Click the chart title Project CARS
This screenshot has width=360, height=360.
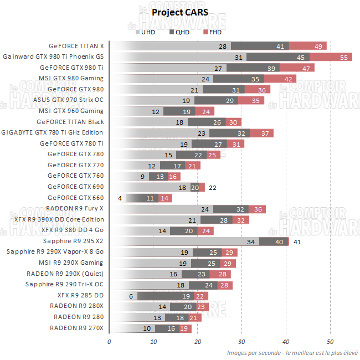(180, 12)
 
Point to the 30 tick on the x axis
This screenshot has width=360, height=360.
(241, 341)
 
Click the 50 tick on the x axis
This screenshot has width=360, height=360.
(330, 341)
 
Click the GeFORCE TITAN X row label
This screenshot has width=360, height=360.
(76, 46)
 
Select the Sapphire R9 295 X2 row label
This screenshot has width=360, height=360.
(73, 241)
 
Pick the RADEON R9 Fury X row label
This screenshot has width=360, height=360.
(75, 209)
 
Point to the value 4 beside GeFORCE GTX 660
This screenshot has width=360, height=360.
(120, 198)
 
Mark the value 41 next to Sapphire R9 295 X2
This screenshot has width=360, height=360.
(297, 241)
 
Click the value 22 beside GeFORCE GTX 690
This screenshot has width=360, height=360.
(212, 187)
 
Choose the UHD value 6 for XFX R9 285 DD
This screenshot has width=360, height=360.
(131, 296)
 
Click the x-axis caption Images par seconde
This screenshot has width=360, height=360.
(291, 353)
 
